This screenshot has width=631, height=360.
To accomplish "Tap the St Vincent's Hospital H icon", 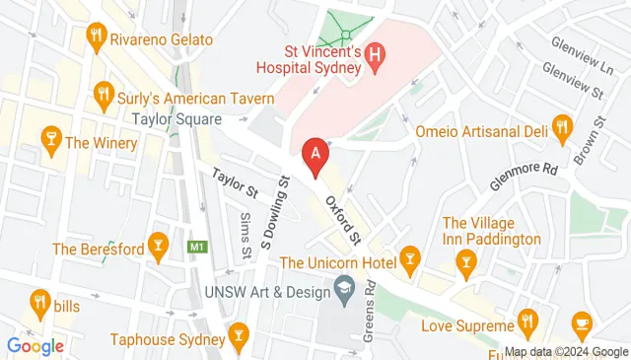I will (374, 56).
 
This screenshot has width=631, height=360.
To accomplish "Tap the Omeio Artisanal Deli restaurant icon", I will (562, 125).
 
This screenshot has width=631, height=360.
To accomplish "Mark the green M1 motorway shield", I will (197, 246).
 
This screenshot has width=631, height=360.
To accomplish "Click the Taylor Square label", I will (174, 119).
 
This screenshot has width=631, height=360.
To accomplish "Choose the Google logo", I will (35, 346).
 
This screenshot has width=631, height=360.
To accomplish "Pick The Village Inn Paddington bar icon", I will (465, 260).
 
